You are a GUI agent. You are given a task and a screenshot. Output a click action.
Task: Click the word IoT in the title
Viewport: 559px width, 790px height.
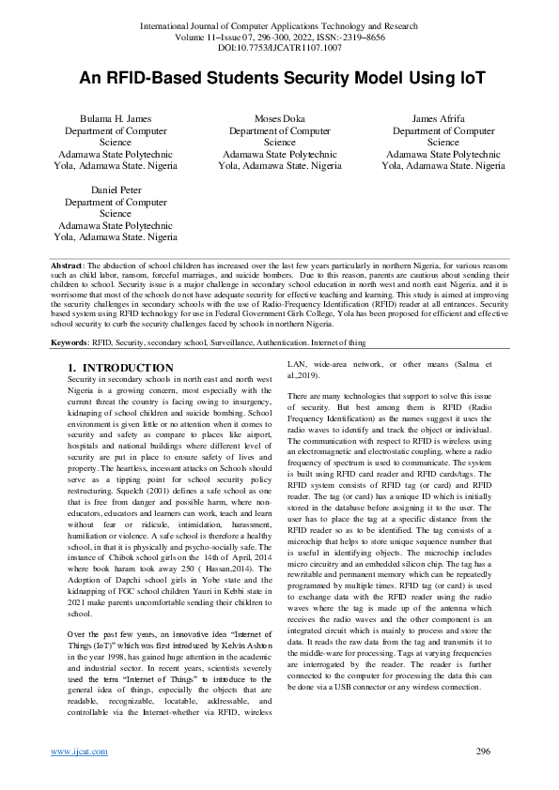point(471,78)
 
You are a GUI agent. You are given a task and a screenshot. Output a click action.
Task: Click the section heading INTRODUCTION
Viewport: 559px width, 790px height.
point(128,367)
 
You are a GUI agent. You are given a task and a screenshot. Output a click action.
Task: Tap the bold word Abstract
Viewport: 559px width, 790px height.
point(68,267)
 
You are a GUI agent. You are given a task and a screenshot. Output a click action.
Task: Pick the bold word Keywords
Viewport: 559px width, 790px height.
point(70,343)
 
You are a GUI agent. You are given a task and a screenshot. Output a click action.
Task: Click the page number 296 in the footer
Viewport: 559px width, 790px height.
point(484,751)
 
